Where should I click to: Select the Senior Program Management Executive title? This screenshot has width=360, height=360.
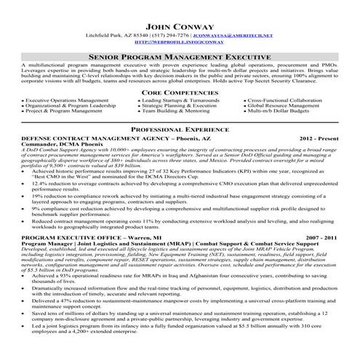[180, 55]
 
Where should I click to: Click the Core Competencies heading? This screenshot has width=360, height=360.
[180, 94]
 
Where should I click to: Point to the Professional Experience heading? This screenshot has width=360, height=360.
[180, 128]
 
